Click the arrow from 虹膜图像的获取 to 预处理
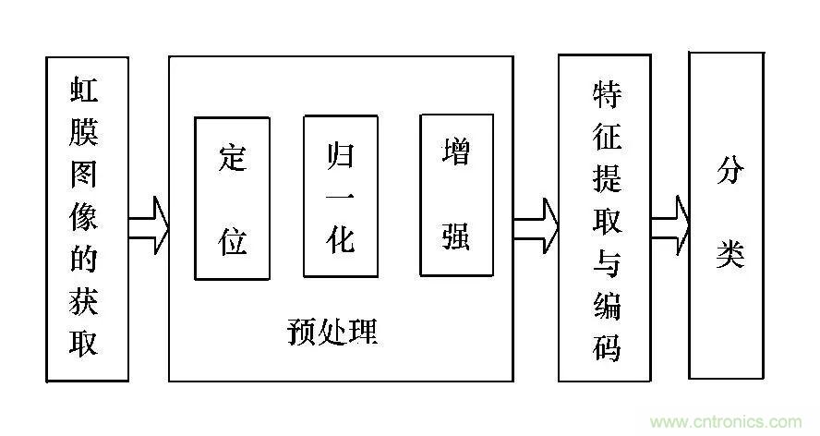(149, 224)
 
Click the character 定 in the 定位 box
(233, 158)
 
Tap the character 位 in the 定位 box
(233, 239)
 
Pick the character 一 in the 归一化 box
(341, 197)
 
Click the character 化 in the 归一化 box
(341, 239)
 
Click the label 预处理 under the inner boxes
(332, 331)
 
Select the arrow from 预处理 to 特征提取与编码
(537, 224)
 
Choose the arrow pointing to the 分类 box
(671, 224)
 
